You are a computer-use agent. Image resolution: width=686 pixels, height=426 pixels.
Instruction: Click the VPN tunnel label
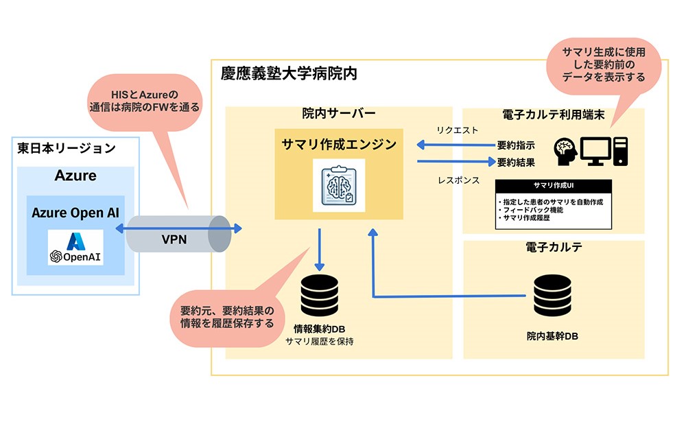174,239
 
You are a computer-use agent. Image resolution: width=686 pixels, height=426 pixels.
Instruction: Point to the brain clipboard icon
339,185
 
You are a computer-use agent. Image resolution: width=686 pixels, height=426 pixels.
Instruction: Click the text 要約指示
515,146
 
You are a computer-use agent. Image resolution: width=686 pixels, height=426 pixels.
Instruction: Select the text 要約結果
515,163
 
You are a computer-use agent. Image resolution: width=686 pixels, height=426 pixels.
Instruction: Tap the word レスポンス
458,180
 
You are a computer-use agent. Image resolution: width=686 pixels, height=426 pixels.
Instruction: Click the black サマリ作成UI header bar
553,185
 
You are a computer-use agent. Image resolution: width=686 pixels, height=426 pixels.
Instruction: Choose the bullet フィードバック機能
531,209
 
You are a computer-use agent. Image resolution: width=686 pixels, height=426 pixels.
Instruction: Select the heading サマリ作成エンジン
339,144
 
